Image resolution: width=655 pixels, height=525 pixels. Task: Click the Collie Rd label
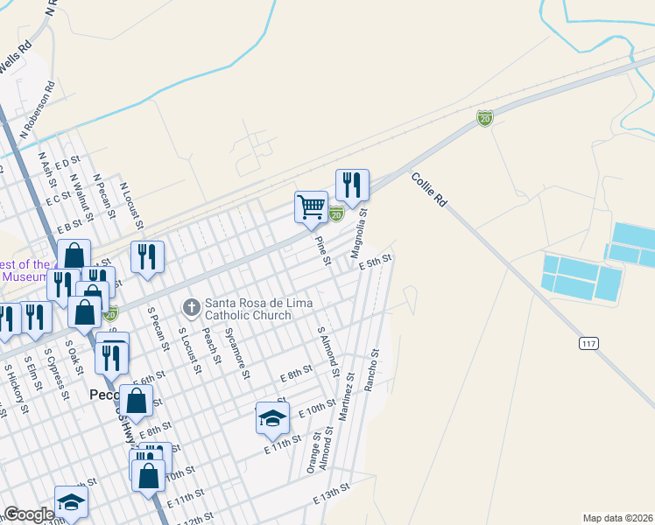429,188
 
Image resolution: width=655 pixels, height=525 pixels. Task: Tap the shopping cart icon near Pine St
311,208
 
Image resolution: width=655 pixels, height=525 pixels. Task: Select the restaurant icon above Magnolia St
352,185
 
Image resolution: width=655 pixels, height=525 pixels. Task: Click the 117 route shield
588,344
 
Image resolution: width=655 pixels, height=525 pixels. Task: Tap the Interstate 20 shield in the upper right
484,118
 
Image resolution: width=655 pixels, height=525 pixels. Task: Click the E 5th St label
374,262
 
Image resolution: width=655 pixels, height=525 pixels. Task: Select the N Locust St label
130,201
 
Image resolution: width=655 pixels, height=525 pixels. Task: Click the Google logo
28,514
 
